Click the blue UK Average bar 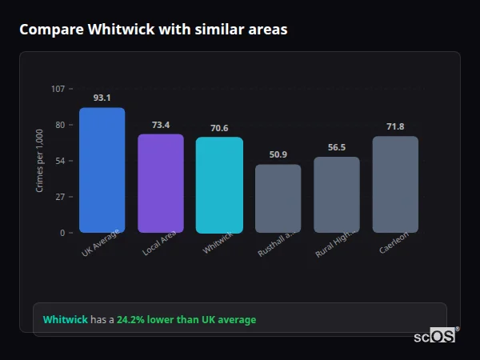coord(102,170)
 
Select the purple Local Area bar coord(161,183)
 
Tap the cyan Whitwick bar coord(219,185)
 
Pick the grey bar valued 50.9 coord(278,198)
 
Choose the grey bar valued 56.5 coord(337,194)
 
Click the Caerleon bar coord(395,184)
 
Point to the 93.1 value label coord(102,98)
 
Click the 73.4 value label coord(161,125)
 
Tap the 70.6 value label coord(219,128)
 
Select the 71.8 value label coord(395,127)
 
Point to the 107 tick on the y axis coord(58,89)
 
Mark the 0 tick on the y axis coord(62,233)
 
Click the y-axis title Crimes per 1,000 coord(40,161)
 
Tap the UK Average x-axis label coord(101,243)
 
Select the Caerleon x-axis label coord(394,243)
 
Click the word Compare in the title coord(51,30)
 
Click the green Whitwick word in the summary coord(65,320)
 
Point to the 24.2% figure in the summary coord(130,320)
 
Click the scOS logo coord(435,336)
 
